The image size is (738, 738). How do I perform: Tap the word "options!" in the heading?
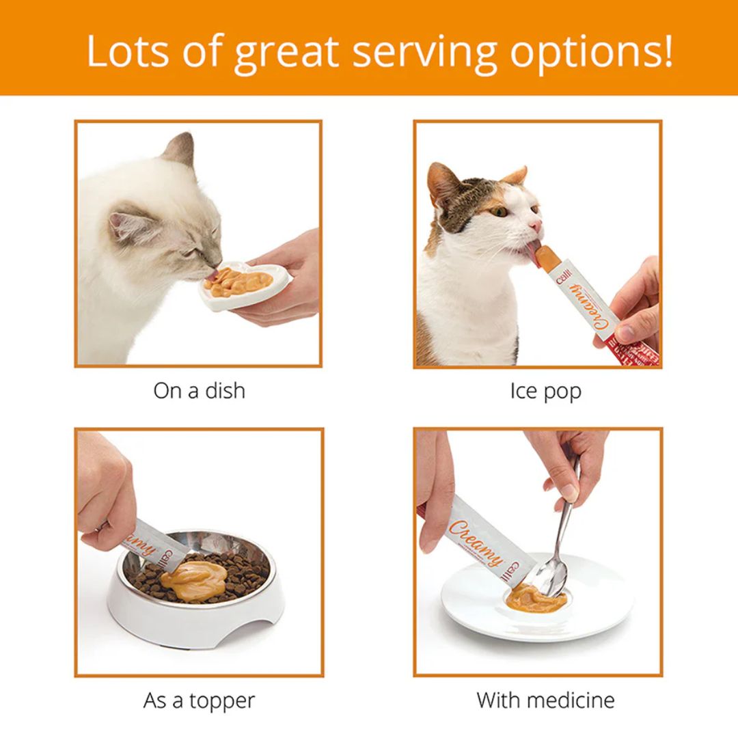(592, 51)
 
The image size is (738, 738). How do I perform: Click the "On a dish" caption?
(199, 391)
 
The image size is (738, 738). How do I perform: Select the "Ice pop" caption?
(545, 391)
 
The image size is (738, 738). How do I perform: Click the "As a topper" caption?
(199, 700)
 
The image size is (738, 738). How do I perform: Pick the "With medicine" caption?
(545, 700)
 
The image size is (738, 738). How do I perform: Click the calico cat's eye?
(501, 211)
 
